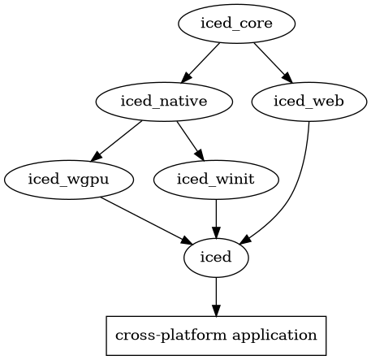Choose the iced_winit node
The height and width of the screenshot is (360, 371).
pyautogui.click(x=216, y=180)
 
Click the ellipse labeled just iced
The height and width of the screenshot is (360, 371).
pyautogui.click(x=216, y=258)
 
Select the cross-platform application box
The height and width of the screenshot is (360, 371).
pyautogui.click(x=216, y=334)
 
